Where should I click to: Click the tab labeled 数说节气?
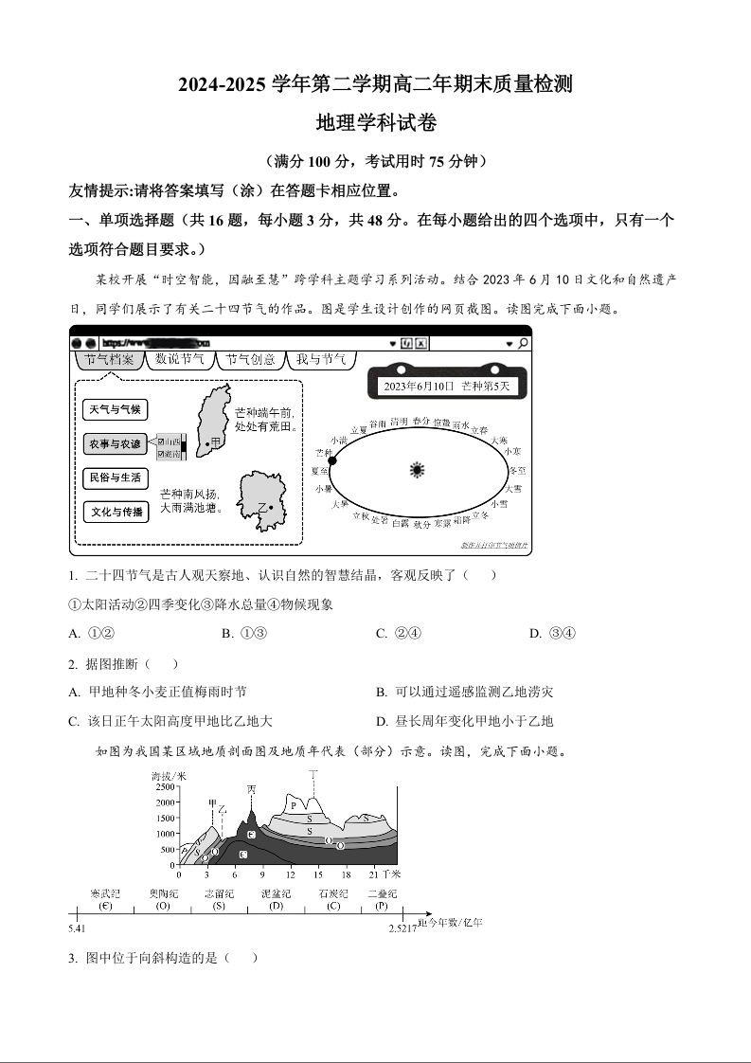(180, 359)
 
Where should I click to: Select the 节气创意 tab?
(251, 359)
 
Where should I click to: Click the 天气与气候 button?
(115, 409)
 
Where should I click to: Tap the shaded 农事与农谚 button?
(115, 443)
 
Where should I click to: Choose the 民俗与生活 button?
(115, 477)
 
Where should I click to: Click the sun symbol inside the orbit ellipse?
(417, 469)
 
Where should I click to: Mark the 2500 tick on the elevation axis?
(165, 787)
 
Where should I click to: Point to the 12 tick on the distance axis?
(291, 874)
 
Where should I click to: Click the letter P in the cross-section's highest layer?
(295, 805)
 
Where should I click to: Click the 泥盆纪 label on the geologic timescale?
(276, 893)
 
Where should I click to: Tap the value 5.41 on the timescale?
(77, 928)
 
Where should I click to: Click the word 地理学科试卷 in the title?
(375, 123)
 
